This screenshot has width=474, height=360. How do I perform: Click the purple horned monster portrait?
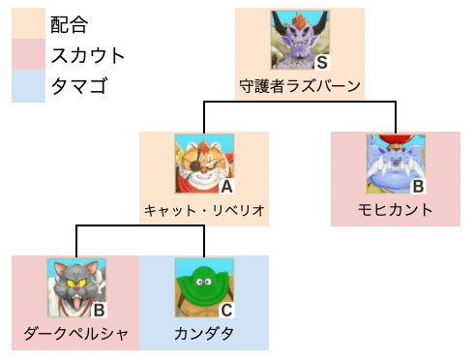(299, 39)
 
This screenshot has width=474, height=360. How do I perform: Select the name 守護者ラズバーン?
(300, 86)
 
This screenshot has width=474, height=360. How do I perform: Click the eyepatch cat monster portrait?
(203, 163)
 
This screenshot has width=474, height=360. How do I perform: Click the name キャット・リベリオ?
(203, 210)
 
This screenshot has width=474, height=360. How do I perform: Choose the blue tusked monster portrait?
(395, 163)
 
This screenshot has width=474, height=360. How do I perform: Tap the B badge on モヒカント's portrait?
(418, 186)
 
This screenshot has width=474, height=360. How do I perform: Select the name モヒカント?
(396, 210)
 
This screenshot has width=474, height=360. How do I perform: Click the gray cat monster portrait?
(75, 286)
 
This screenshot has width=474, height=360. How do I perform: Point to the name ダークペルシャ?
(75, 335)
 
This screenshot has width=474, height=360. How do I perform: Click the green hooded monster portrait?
(203, 286)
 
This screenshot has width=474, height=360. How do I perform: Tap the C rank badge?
(225, 310)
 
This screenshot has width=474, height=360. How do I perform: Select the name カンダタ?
(203, 335)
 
